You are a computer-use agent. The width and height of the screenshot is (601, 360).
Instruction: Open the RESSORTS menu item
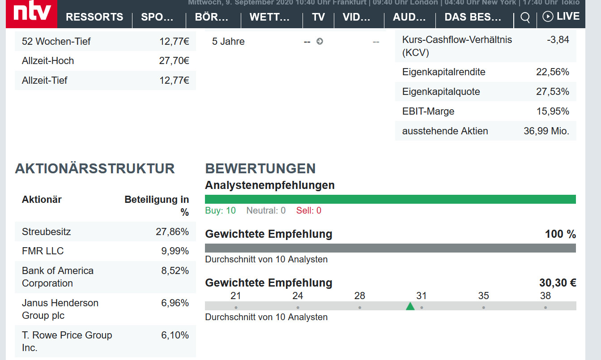pos(94,17)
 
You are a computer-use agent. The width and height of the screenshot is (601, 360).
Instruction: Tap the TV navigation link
pos(318,17)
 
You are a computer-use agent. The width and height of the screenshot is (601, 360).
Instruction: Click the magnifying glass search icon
pos(525,17)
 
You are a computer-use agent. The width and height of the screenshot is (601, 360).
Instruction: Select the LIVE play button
pos(561,17)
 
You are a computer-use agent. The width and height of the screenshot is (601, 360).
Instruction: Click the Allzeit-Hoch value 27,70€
pos(174,61)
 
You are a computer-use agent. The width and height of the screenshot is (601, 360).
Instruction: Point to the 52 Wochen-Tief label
pos(56,42)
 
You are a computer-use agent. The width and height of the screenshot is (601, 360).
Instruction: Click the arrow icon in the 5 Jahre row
pos(320,42)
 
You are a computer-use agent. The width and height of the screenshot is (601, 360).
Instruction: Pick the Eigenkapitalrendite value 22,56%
pos(553,72)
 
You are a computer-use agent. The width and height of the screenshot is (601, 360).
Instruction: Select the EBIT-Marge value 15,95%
pos(553,111)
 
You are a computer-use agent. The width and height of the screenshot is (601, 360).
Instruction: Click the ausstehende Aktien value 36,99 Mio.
pos(546,131)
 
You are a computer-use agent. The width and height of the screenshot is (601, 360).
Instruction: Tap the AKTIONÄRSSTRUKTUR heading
pos(95,169)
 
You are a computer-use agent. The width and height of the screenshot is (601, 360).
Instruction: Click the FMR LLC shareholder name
pos(43,251)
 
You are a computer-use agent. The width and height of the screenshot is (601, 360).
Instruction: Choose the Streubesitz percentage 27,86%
pos(172,232)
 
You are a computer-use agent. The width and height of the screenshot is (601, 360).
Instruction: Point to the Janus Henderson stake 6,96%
pos(175,303)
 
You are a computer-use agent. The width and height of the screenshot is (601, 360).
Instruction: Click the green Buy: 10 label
pos(220,210)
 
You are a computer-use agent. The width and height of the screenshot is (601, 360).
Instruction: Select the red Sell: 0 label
pos(309,210)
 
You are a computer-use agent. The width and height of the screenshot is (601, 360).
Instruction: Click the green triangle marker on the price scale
pos(410,306)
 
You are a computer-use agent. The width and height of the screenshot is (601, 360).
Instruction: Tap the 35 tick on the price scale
pos(483,296)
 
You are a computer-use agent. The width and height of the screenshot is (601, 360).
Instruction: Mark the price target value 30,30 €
pos(558,283)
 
